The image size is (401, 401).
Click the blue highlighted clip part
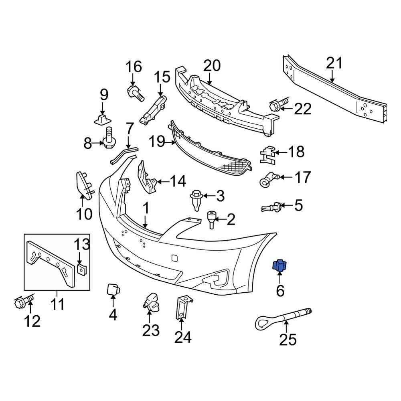279,265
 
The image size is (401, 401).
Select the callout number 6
280,290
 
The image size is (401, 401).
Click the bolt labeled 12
24,302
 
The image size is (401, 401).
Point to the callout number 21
334,63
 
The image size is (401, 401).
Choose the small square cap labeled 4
112,290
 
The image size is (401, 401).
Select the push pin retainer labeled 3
196,200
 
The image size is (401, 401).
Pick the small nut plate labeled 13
81,269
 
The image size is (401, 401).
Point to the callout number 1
146,209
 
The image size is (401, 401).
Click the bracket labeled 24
182,307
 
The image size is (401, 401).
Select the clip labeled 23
150,302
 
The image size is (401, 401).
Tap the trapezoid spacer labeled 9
102,119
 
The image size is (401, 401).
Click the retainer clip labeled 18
267,154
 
